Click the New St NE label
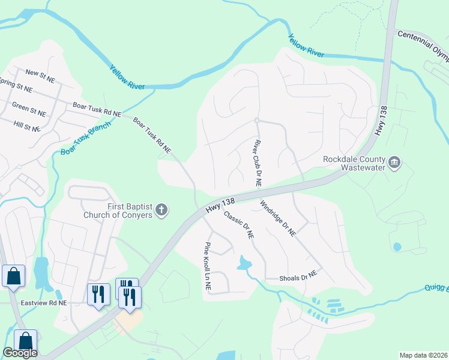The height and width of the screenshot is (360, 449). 41,73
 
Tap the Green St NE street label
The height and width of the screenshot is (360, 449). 29,109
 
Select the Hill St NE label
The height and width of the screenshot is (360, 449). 26,126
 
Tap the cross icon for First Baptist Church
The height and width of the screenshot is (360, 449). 161,210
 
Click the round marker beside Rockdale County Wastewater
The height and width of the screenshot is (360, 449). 394,162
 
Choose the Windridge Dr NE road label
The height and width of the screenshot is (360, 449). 277,218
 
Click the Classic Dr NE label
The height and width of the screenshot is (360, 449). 239,225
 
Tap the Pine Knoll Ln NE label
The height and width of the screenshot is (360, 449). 208,266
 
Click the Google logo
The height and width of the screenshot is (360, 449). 20,353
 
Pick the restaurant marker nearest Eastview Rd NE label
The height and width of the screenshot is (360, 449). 98,295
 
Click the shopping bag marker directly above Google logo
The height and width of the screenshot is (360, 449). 25,340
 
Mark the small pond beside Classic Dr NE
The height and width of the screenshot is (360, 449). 244,262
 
